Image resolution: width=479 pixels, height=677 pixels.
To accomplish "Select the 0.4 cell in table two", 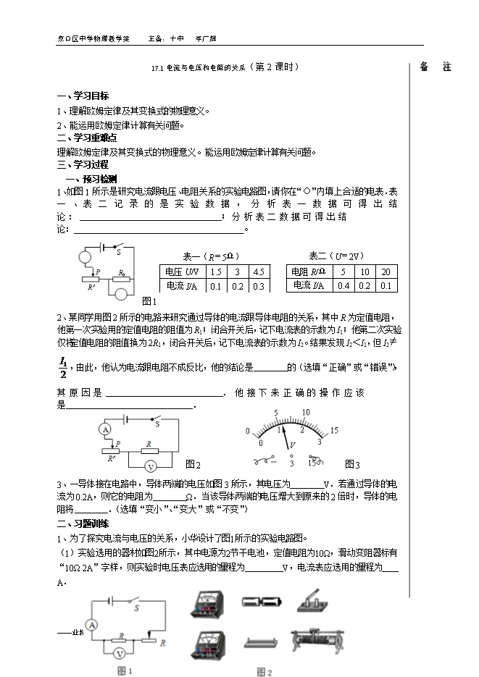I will [343, 285].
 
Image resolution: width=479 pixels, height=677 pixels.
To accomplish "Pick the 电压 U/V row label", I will [181, 272].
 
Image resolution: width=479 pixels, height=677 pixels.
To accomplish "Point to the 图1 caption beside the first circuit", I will [149, 300].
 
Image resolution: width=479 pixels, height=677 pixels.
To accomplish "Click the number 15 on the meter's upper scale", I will [333, 430].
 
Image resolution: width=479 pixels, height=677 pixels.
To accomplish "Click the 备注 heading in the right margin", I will [435, 67].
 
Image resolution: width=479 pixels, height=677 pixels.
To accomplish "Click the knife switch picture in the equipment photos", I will [310, 602].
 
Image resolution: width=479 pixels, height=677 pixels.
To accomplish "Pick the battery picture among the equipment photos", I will [259, 602].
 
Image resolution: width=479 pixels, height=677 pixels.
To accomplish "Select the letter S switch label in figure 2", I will [156, 425].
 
